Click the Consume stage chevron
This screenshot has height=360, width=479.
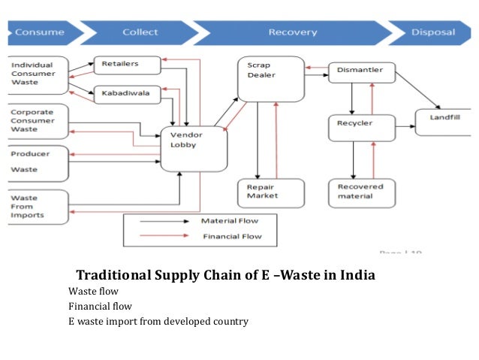pos(38,32)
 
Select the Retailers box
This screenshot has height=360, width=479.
pos(127,65)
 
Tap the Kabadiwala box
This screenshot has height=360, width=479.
pos(127,95)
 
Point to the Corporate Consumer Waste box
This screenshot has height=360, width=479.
pos(38,120)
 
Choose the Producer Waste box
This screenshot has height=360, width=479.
pos(38,161)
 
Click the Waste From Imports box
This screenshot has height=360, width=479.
pos(38,206)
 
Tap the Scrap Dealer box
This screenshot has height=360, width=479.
pos(270,77)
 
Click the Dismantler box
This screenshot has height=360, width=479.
pos(361,71)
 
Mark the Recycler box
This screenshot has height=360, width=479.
pos(361,127)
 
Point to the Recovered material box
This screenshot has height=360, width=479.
pos(361,193)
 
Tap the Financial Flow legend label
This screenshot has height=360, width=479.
pos(230,236)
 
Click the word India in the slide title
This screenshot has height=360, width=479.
pos(355,276)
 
